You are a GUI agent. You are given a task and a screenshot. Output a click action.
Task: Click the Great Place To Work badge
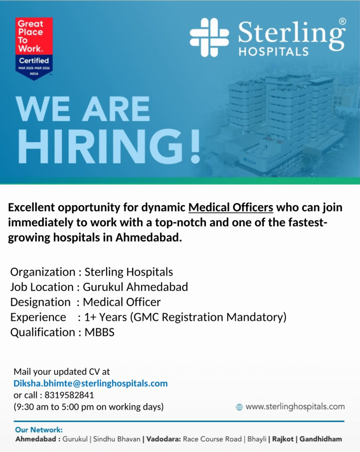[34, 48]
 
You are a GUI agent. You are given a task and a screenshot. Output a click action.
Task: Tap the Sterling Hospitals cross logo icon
[209, 38]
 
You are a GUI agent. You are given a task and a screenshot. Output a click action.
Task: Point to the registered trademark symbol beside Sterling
[342, 21]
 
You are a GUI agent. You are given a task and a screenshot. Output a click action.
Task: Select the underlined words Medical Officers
[231, 207]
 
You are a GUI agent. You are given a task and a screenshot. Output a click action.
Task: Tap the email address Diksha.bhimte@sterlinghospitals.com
[90, 383]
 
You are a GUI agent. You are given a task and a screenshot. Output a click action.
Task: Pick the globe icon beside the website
[239, 407]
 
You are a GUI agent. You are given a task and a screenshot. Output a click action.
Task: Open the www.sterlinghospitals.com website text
[295, 407]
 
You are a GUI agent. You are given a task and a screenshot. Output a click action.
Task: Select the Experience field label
[38, 317]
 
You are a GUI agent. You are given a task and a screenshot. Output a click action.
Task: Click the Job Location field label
[42, 287]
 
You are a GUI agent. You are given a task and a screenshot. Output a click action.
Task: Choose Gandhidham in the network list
[320, 439]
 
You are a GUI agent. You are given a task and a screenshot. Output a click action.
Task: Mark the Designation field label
[40, 302]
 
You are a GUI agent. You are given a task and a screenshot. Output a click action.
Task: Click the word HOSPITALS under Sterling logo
[273, 51]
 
